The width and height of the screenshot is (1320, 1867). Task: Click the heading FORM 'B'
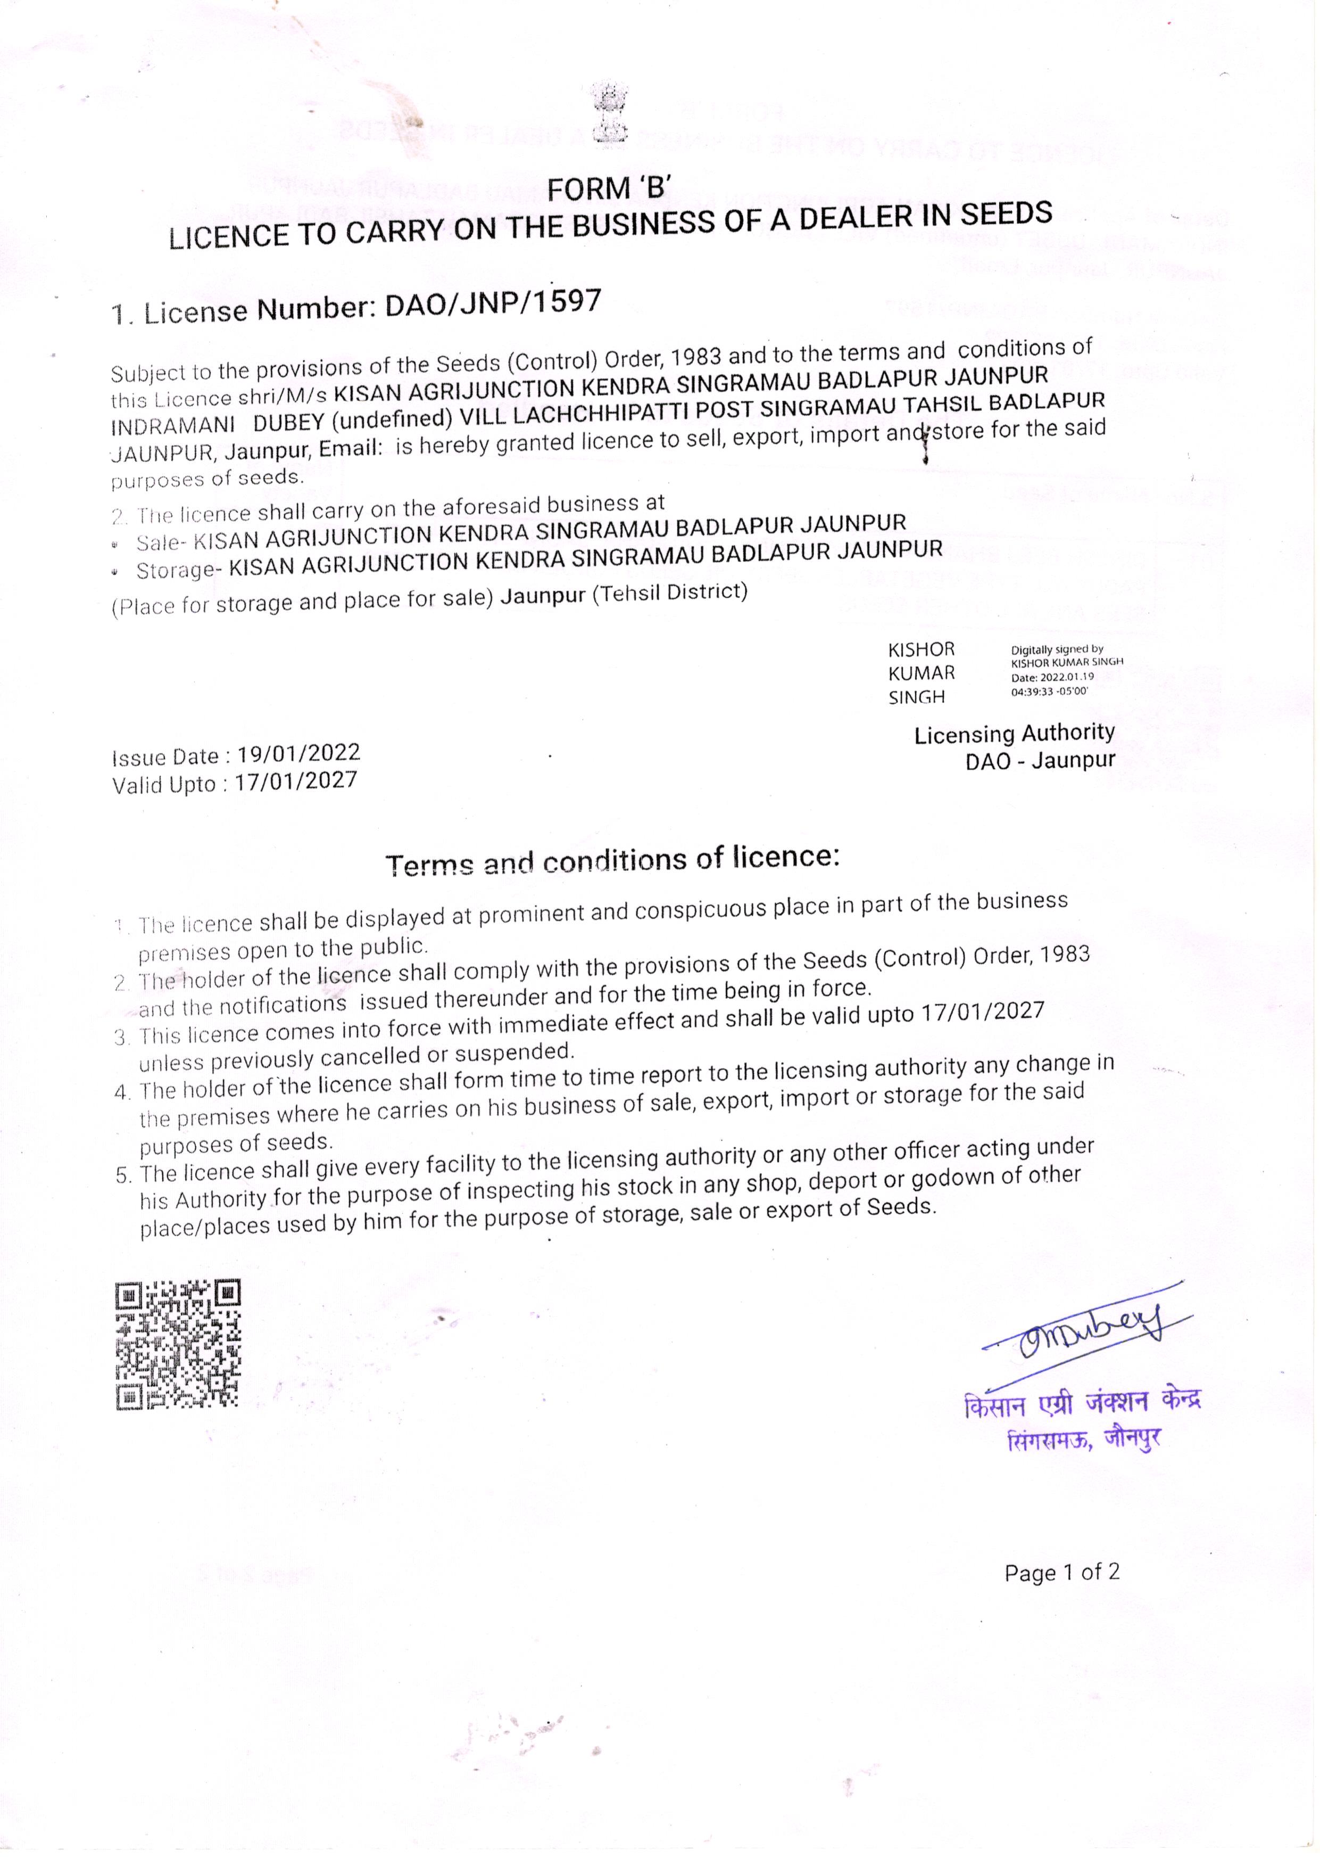[x=608, y=188]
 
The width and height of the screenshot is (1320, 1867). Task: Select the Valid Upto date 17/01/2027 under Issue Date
[x=296, y=782]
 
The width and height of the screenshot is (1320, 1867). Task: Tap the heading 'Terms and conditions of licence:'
[x=612, y=860]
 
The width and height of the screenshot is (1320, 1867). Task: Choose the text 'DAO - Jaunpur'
[x=1040, y=761]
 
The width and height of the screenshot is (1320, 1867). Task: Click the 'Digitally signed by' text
[x=1057, y=649]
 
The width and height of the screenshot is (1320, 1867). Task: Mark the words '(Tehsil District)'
[x=669, y=592]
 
